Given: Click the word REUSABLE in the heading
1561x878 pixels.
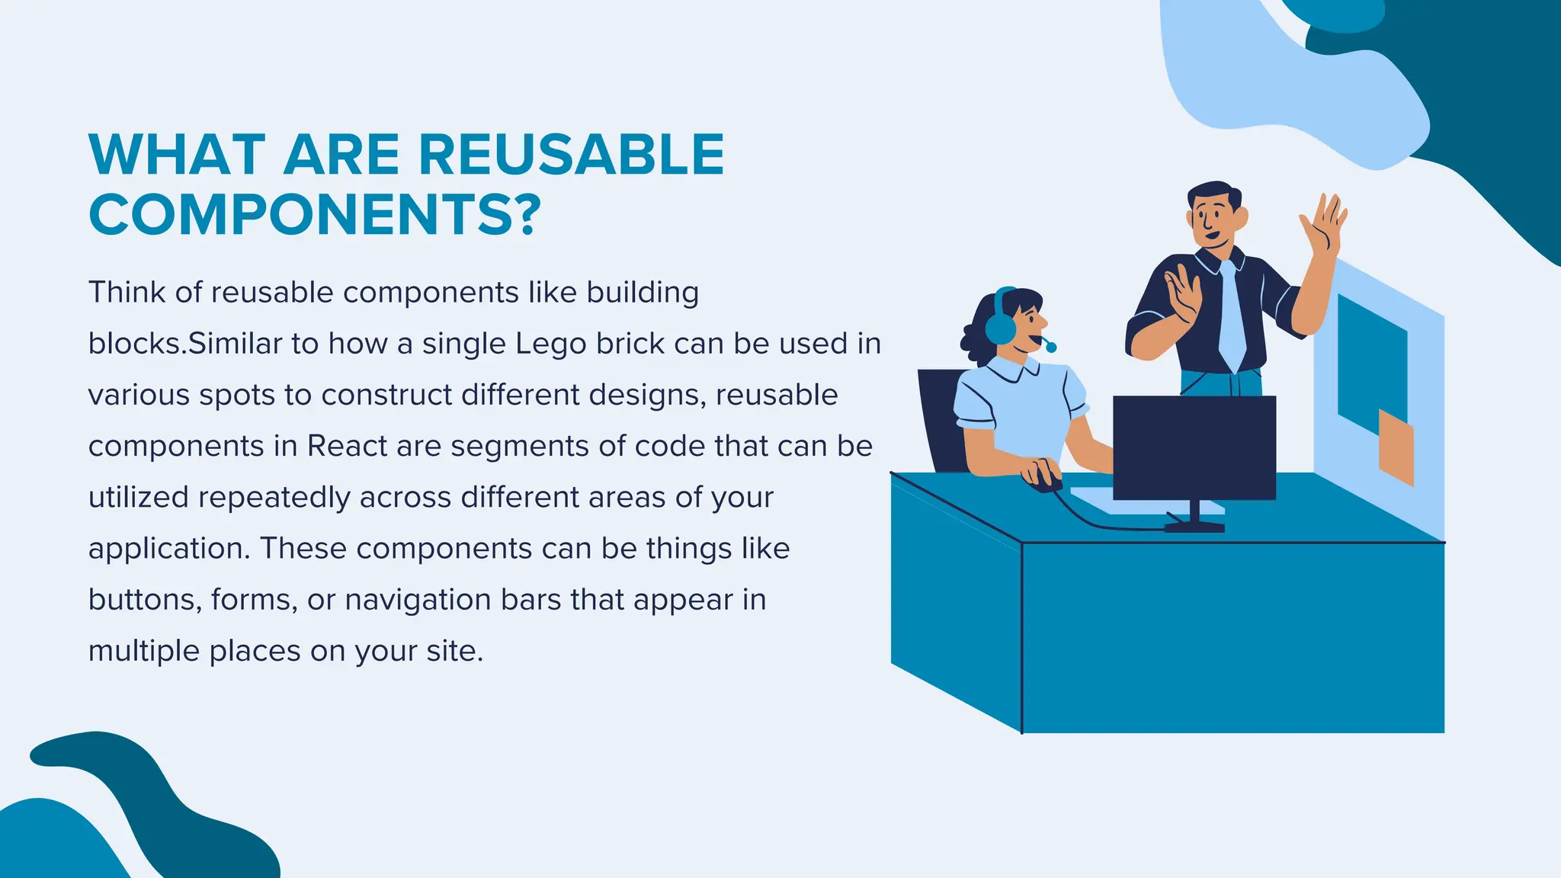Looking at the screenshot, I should pyautogui.click(x=571, y=155).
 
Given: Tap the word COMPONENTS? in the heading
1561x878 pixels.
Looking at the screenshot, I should pyautogui.click(x=315, y=215).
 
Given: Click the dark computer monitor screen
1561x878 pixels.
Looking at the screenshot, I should pyautogui.click(x=1194, y=447).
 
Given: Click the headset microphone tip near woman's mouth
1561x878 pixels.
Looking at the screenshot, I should pyautogui.click(x=1051, y=348).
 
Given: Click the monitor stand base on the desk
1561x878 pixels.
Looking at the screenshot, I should pyautogui.click(x=1194, y=526).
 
